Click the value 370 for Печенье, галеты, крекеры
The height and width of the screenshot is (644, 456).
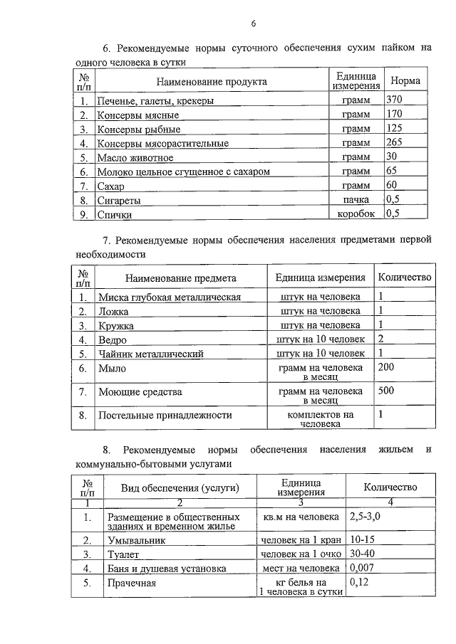394,101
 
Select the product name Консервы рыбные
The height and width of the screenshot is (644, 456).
139,130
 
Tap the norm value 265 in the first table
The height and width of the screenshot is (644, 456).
394,143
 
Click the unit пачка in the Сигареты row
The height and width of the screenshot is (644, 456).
356,200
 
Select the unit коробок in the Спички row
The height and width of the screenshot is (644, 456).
355,213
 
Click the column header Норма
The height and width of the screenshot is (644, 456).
405,80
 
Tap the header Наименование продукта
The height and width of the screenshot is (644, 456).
212,81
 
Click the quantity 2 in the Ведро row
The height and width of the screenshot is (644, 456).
381,339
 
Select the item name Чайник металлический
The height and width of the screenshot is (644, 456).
152,353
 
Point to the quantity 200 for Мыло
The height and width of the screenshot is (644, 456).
387,367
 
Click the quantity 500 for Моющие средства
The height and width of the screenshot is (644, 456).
387,391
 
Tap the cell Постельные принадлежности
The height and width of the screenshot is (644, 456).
165,414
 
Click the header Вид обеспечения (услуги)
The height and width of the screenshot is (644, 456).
180,487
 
